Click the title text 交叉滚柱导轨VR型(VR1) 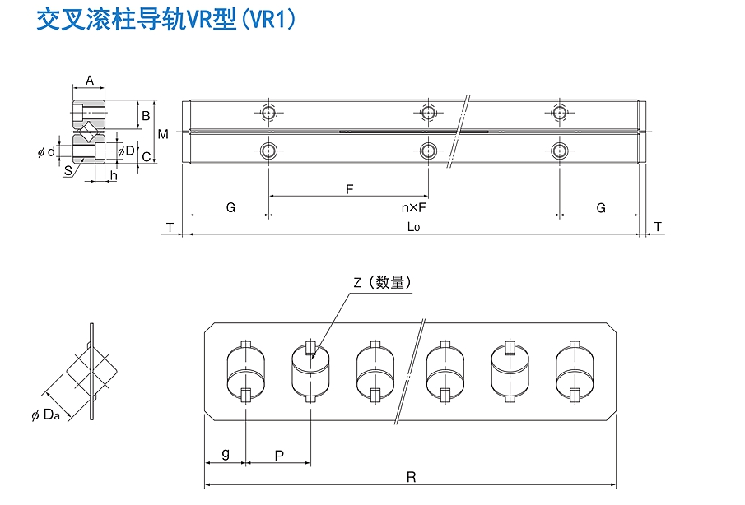[166, 20]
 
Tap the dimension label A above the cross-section [90, 81]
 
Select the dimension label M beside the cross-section [163, 134]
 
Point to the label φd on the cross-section [47, 152]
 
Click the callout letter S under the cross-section [68, 171]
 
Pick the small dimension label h [114, 176]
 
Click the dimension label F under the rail [350, 190]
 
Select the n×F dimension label [413, 208]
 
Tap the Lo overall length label [413, 227]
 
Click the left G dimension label [230, 208]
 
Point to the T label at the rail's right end [658, 227]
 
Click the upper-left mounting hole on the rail [269, 113]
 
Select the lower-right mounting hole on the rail [560, 151]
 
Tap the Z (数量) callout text [383, 282]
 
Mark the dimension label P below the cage [279, 456]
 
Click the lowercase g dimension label [226, 454]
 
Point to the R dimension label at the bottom [412, 477]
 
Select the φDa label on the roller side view [45, 415]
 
